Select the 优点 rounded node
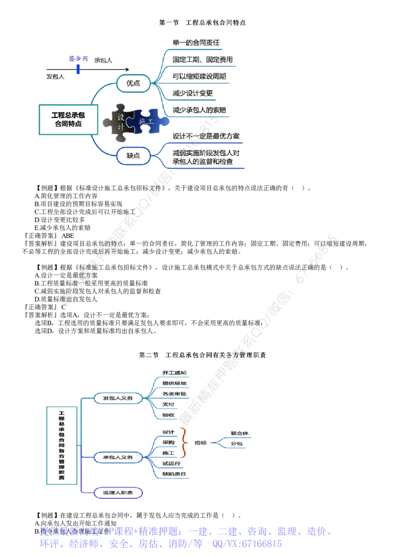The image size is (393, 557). point(133,83)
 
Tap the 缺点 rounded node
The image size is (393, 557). point(133,156)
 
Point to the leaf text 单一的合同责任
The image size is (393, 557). point(196,43)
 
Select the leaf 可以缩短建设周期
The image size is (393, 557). point(199,76)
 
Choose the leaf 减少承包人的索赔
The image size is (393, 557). point(200,110)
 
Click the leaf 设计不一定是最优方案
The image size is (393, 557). point(206,136)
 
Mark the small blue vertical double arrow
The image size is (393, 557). point(78,69)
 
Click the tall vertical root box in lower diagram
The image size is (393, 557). point(62,445)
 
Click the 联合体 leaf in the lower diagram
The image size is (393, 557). point(239,433)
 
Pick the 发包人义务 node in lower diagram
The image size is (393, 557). point(118,398)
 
